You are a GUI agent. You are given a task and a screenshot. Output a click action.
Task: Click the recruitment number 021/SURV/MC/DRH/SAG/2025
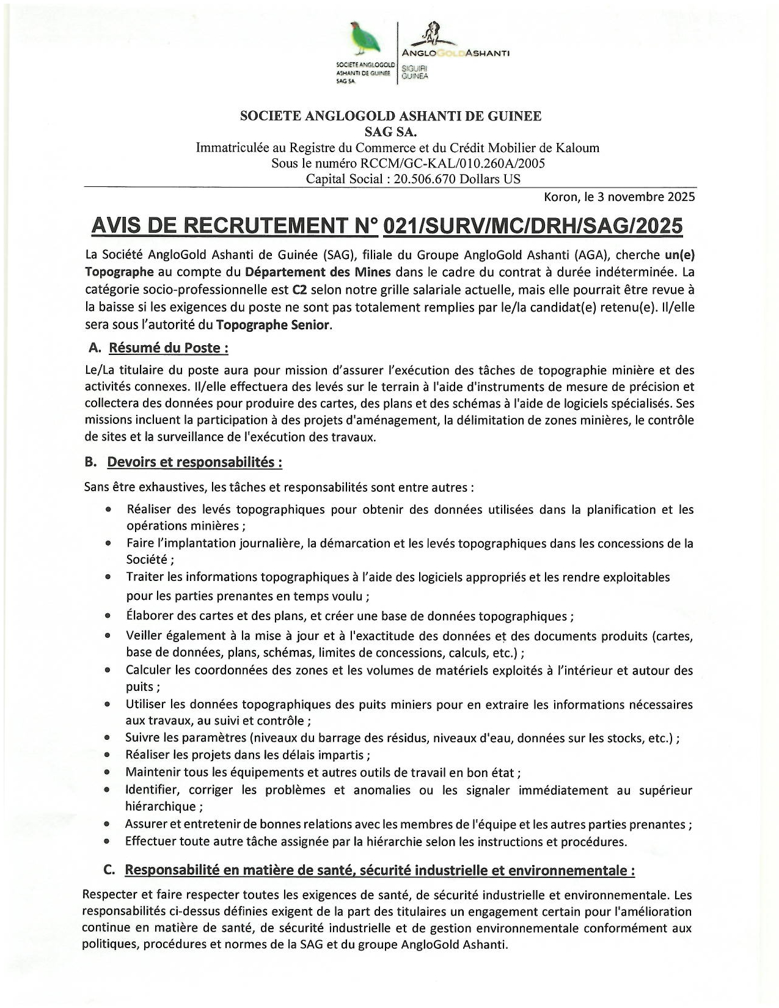point(532,226)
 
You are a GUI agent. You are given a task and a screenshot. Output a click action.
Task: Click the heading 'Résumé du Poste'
point(169,348)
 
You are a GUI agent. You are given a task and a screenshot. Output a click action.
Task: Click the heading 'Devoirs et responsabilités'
point(194,462)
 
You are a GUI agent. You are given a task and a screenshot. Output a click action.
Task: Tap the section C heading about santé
point(379,870)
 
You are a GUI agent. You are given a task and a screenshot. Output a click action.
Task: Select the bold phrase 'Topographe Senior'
point(272,324)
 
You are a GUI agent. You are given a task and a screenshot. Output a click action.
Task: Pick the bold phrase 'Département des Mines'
point(318,271)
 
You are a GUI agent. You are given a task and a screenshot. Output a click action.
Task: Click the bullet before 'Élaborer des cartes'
point(108,616)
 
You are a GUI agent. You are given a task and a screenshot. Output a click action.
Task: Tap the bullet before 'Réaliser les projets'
point(108,756)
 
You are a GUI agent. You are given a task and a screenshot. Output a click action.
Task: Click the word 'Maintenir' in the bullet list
point(153,773)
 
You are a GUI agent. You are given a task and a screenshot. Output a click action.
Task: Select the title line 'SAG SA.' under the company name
point(390,131)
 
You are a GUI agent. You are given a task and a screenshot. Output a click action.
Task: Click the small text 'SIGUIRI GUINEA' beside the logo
point(415,73)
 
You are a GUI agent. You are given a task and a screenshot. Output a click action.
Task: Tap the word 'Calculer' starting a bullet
point(148,670)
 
